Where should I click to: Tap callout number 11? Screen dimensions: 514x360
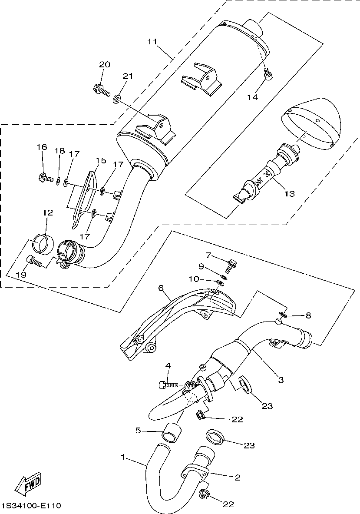coord(152,42)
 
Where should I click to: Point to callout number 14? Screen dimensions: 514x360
coord(253,97)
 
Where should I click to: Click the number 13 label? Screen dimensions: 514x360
coord(289,193)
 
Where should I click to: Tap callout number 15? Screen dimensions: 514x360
coord(100,161)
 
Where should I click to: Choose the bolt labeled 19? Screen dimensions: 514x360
coord(33,261)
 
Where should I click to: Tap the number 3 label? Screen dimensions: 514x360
coord(281,379)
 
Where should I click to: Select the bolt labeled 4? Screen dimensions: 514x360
coord(167,384)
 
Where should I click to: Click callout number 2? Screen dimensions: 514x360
coord(237,478)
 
